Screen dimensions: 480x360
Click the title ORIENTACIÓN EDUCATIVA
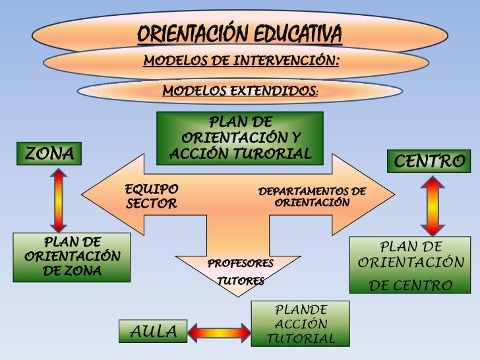tap(239, 33)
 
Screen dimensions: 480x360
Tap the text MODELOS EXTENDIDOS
tap(240, 90)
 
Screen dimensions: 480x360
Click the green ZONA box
tap(49, 154)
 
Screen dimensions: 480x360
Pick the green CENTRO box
tap(430, 160)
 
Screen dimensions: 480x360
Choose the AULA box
tap(154, 332)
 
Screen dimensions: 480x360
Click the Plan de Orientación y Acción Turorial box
tap(240, 138)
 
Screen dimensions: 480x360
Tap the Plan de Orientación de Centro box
tap(411, 265)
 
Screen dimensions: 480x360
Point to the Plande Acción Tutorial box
tap(301, 324)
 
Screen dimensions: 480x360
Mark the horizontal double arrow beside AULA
tap(220, 331)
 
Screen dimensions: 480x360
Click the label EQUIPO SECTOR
tap(151, 196)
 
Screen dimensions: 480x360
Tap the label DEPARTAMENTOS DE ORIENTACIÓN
tap(312, 197)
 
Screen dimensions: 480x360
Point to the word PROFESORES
tap(241, 264)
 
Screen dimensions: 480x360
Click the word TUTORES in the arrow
tap(241, 281)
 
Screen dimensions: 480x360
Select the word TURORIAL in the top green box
tap(277, 154)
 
